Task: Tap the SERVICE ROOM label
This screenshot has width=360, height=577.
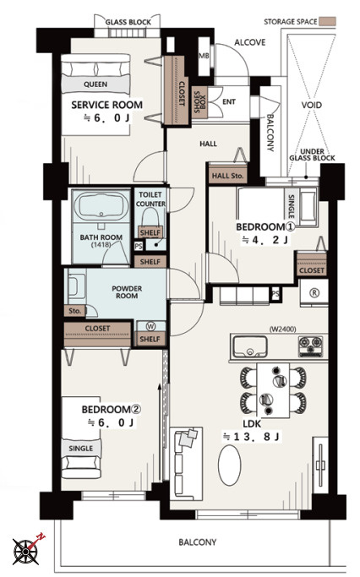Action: tap(106, 105)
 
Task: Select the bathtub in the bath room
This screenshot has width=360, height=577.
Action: tap(101, 207)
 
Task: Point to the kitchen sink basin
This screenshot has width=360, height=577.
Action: tap(250, 346)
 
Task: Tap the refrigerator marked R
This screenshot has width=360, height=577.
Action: tap(314, 293)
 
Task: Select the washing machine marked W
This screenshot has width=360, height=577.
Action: tap(151, 326)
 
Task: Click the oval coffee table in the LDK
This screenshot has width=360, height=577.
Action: tap(230, 465)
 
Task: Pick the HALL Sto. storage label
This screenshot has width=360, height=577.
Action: tap(228, 176)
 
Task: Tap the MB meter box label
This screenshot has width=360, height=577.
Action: tap(204, 56)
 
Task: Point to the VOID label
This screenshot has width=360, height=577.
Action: tap(312, 106)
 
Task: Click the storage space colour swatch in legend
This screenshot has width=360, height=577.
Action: tap(327, 21)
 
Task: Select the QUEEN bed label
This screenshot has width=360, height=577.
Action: tap(95, 84)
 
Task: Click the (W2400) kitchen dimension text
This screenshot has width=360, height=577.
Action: tap(283, 329)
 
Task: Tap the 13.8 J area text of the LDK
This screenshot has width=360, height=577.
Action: tap(252, 437)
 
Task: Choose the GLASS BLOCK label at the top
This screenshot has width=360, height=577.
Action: tap(128, 22)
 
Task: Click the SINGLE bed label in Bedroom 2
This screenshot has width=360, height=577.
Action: tap(81, 449)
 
